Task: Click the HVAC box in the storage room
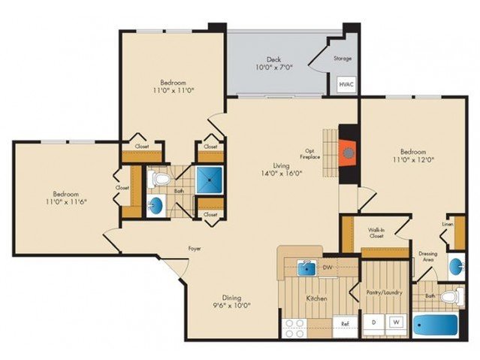pos(347,84)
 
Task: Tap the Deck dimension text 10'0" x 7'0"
pos(274,67)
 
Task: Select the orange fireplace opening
pos(348,153)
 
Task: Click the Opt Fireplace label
pos(309,154)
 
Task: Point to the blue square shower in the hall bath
pos(210,180)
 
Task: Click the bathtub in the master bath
pos(436,325)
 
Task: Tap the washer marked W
pos(397,322)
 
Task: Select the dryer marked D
pos(374,322)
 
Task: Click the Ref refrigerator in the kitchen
pos(346,323)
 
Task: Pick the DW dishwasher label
pos(328,268)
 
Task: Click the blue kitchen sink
pos(307,268)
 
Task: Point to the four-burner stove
pos(294,328)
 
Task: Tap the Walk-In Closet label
pos(376,233)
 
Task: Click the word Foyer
pos(195,249)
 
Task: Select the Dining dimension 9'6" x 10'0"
pos(231,305)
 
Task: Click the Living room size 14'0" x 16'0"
pos(282,174)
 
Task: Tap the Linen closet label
pos(448,224)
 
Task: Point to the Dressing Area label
pos(428,256)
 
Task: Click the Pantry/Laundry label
pos(384,292)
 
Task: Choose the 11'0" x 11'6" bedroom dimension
pos(66,201)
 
